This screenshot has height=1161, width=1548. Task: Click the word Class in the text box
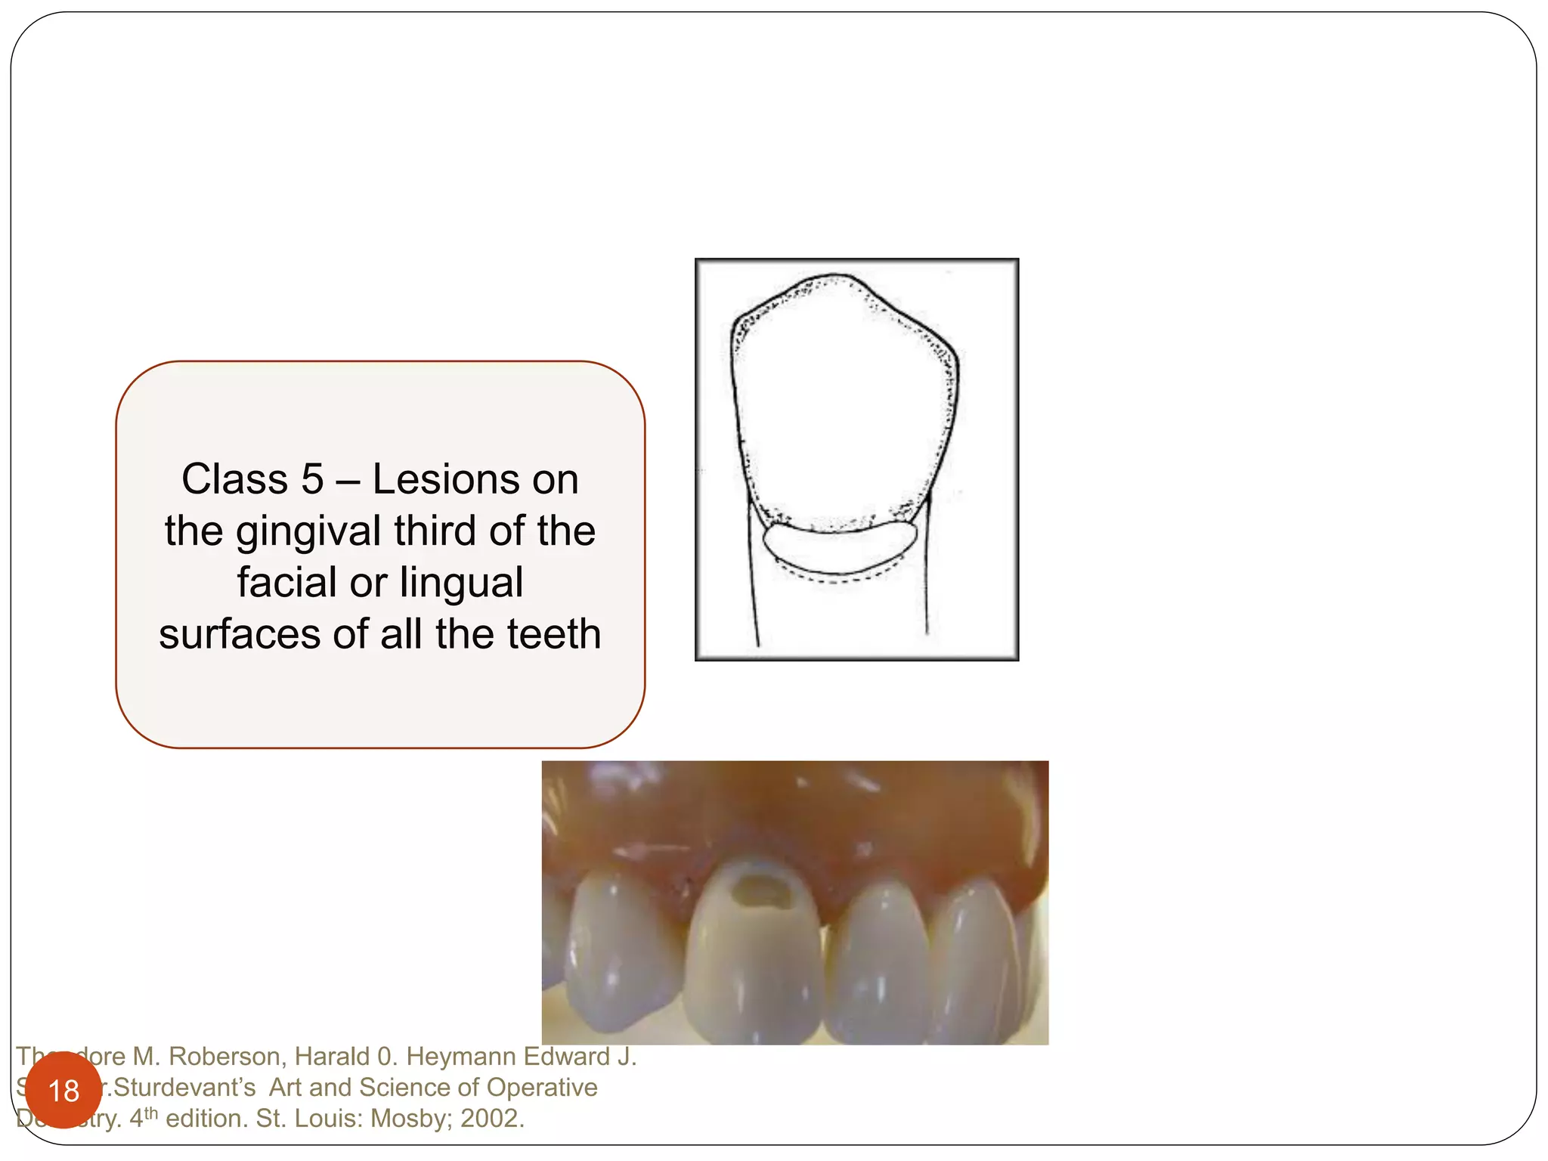point(235,479)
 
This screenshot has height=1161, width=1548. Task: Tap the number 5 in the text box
point(312,479)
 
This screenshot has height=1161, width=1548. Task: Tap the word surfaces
point(239,634)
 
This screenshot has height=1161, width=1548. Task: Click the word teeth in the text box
point(555,634)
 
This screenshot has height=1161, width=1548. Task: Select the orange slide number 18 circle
point(63,1090)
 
